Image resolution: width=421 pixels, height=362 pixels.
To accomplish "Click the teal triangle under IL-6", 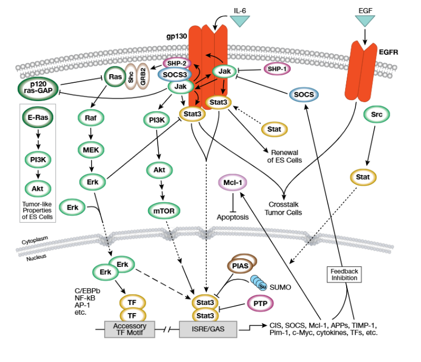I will pos(240,20).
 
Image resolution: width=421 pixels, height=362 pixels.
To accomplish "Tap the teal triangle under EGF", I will pos(365,20).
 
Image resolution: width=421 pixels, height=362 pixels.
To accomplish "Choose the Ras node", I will pos(114,76).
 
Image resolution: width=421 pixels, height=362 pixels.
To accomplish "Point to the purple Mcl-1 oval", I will pos(233,183).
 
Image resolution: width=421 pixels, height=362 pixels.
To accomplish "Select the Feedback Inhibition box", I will pos(344,274).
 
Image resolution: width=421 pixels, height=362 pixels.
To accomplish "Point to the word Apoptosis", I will pos(233,217).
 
